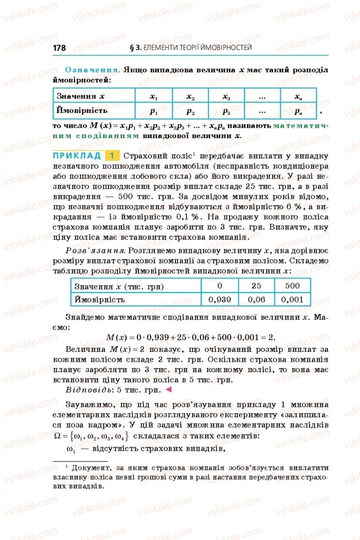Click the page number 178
59,48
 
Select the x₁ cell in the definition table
153,96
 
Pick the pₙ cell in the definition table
298,111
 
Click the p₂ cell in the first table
190,111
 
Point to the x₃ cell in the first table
226,96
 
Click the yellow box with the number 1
112,156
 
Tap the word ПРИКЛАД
77,156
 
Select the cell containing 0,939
220,299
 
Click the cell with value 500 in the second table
292,286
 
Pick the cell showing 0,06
256,299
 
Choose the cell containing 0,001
292,299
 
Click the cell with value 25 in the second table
256,286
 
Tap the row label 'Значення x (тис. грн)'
119,286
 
